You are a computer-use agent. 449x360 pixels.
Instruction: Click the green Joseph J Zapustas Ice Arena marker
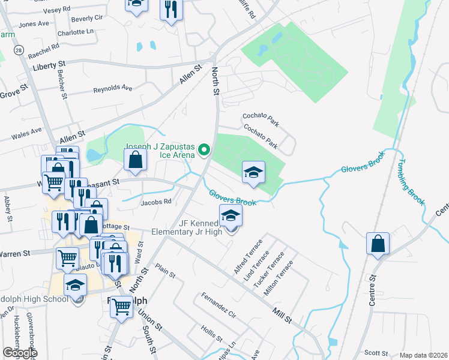[x=204, y=150]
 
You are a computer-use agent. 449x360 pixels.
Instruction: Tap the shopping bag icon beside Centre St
[x=378, y=244]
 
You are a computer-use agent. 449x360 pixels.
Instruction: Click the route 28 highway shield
[x=20, y=50]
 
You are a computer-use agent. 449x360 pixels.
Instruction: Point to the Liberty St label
[x=49, y=64]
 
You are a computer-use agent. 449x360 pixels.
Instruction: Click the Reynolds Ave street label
[x=112, y=89]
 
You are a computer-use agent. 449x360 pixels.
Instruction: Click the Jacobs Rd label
[x=156, y=202]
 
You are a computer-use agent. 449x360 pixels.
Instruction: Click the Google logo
[x=20, y=353]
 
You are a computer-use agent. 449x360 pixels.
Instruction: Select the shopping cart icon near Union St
[x=122, y=307]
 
